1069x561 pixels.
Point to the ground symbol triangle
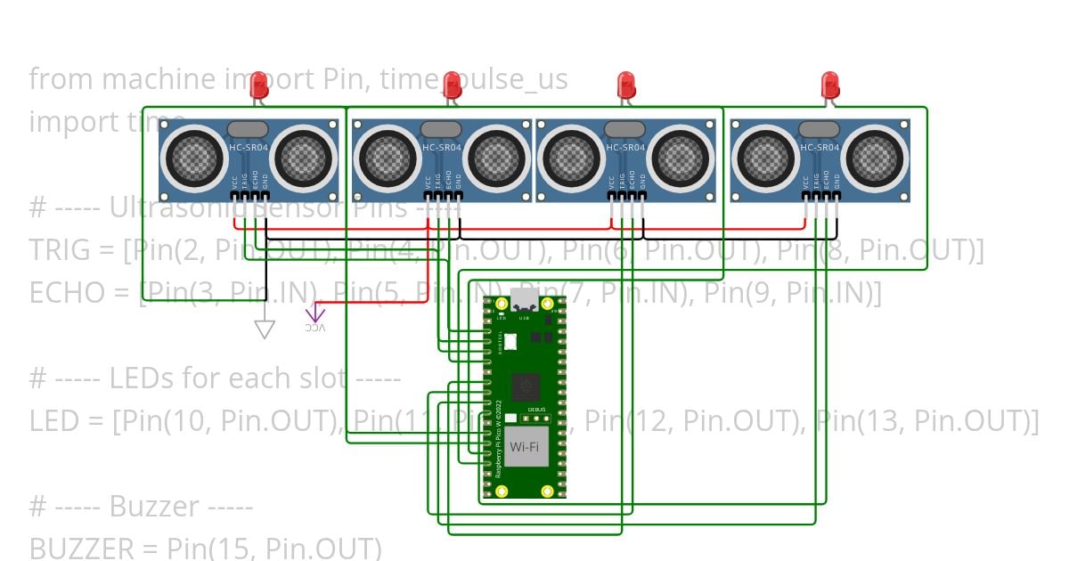pyautogui.click(x=264, y=329)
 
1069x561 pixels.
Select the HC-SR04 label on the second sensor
pyautogui.click(x=441, y=148)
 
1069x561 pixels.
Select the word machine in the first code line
pyautogui.click(x=157, y=79)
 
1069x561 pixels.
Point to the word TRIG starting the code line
pyautogui.click(x=60, y=250)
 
